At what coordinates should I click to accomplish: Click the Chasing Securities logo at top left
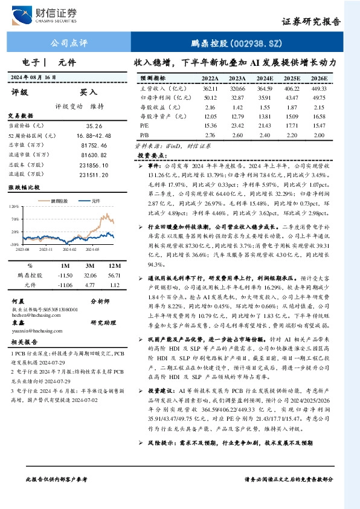click(51, 15)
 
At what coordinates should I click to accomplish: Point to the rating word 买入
click(88, 92)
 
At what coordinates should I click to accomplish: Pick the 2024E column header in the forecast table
click(265, 79)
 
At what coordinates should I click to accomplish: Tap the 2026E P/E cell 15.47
click(320, 125)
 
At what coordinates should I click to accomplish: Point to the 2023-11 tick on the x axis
click(47, 248)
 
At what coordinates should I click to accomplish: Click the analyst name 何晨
click(18, 300)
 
